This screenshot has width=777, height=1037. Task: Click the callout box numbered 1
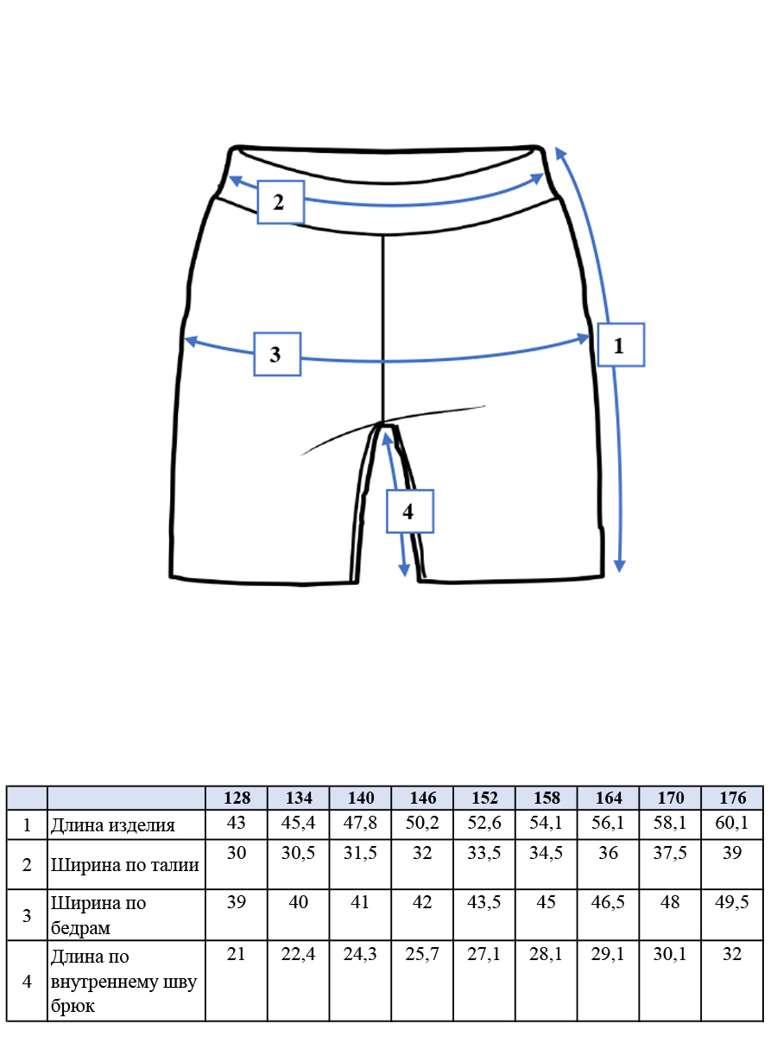621,345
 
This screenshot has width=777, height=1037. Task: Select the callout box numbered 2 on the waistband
281,201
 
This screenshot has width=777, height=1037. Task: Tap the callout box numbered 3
277,354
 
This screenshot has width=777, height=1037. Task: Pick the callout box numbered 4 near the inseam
410,512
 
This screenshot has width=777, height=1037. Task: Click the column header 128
237,798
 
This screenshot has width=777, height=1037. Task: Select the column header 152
484,798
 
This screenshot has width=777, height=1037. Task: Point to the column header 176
732,798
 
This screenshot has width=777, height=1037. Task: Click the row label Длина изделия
113,825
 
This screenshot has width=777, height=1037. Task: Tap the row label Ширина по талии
125,865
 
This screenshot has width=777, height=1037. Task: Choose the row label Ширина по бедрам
98,915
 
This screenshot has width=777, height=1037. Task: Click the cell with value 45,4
298,823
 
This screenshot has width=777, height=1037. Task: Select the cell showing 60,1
732,823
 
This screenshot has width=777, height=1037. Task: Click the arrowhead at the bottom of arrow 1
619,565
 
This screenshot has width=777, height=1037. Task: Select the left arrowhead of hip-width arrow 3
190,340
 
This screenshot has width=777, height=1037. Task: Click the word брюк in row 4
73,1006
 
